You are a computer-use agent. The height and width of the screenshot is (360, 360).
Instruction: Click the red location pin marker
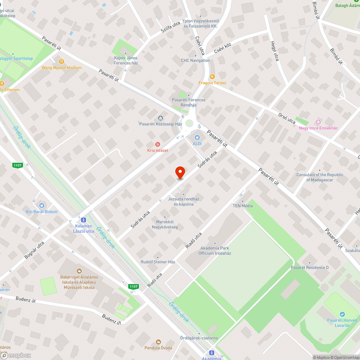click(x=180, y=172)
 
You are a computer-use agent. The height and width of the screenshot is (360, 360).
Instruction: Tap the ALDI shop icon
click(x=197, y=137)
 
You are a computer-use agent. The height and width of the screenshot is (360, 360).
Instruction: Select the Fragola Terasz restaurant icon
click(x=212, y=76)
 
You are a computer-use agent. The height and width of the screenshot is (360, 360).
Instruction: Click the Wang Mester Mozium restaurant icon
click(x=62, y=61)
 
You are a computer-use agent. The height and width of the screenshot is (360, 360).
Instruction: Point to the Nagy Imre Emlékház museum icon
click(x=318, y=122)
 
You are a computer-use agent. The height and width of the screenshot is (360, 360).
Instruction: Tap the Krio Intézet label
click(x=157, y=150)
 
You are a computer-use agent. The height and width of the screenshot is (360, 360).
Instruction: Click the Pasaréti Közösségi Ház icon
click(x=161, y=118)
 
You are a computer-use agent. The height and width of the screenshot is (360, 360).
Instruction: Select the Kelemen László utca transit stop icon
click(x=84, y=219)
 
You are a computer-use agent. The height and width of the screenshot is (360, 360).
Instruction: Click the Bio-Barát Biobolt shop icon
click(x=41, y=205)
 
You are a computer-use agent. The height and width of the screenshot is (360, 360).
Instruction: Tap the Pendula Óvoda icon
click(x=158, y=342)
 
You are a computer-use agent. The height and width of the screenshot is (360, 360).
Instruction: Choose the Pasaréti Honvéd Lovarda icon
click(x=342, y=314)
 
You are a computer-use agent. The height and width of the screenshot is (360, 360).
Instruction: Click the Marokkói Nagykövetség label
click(x=165, y=224)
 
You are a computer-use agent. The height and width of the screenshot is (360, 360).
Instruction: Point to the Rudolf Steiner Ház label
click(x=158, y=262)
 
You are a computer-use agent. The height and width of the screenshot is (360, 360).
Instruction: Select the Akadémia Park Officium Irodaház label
click(x=215, y=251)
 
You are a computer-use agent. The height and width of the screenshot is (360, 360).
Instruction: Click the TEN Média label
click(x=243, y=206)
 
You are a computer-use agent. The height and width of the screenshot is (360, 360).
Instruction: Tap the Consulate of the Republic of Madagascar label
click(x=320, y=177)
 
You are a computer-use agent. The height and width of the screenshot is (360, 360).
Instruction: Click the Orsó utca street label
click(x=287, y=118)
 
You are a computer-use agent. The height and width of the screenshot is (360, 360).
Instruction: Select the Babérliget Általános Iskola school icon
click(x=79, y=271)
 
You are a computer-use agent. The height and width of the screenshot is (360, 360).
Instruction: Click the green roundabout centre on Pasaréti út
click(x=189, y=123)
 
